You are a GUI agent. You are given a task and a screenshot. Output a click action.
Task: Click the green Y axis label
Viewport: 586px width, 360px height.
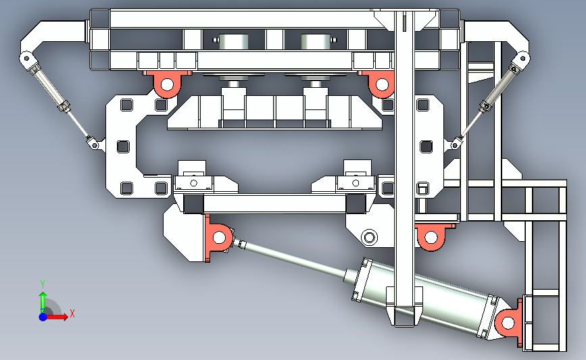[43, 284]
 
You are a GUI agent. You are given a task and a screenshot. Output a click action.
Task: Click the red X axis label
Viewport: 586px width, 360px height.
[72, 313]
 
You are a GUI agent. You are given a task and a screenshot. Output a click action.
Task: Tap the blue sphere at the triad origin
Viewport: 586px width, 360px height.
[43, 317]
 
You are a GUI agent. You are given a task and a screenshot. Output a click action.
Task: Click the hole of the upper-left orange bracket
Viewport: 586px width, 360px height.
[167, 85]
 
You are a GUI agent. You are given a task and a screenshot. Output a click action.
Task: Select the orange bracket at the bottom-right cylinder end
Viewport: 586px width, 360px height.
[509, 322]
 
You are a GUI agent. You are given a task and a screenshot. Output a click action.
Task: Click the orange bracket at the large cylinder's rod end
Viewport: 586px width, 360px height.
[217, 238]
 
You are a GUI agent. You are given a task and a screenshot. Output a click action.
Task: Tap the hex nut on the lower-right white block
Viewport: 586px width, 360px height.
[369, 237]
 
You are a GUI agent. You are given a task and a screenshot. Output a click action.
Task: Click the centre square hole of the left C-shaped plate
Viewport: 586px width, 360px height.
[123, 147]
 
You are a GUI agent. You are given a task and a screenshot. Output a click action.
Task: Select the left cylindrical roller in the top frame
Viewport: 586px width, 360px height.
[233, 41]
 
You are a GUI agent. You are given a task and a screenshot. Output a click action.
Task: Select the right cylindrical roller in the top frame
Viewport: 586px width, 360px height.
[316, 41]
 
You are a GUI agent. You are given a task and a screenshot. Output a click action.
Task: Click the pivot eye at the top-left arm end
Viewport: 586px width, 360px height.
[26, 58]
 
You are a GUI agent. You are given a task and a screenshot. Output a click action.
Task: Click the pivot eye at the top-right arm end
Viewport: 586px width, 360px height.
[522, 58]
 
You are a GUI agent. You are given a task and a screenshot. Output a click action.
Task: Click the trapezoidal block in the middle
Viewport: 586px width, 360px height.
[274, 112]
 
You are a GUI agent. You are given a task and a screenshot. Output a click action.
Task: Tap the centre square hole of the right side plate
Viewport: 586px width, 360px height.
[426, 147]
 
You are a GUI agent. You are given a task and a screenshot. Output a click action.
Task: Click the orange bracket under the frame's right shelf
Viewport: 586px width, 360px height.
[432, 236]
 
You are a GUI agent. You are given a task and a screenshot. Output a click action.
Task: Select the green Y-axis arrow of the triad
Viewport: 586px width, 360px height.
[43, 303]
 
